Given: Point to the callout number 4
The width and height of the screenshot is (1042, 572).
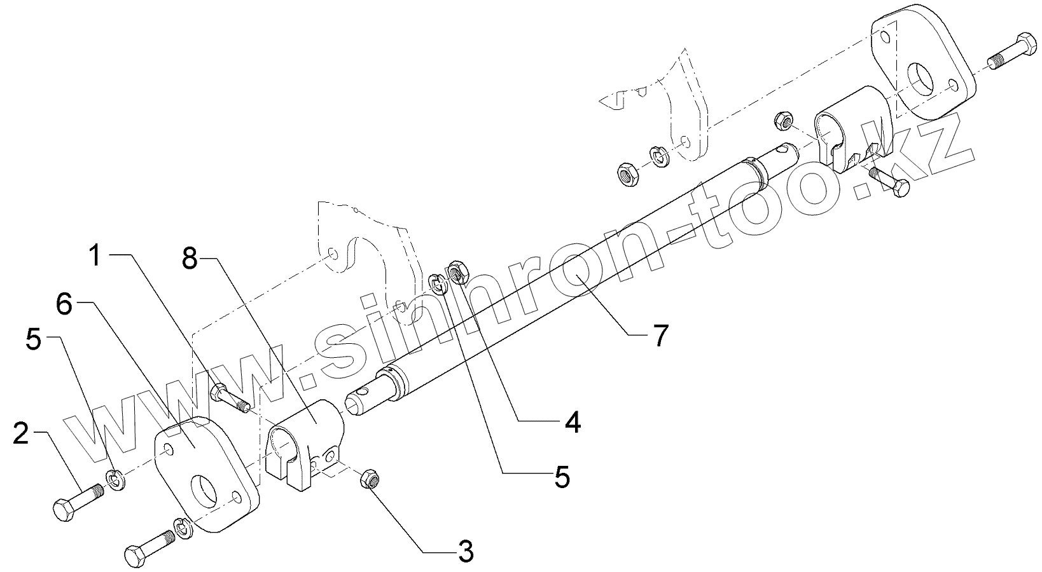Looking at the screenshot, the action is point(573,422).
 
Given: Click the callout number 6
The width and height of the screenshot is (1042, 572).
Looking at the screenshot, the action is point(64,304).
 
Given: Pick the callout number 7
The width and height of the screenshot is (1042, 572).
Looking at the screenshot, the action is point(660,335).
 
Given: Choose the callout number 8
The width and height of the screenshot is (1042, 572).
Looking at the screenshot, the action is point(190,259).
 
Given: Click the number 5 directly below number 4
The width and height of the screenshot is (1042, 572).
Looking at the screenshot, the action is point(561,477).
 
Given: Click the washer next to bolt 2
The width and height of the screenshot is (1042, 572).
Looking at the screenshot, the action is point(116,480).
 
